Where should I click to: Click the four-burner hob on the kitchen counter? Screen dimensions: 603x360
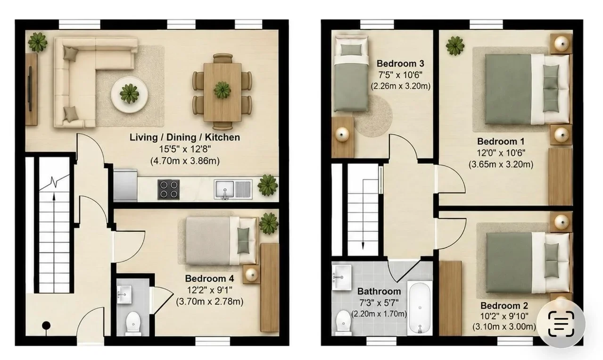[x=168, y=189]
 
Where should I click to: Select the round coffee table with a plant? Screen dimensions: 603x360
[x=130, y=94]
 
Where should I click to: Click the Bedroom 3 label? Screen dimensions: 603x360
[x=400, y=64]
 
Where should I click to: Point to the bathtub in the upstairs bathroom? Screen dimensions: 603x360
[x=420, y=308]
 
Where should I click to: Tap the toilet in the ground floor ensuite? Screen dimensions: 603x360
[x=133, y=323]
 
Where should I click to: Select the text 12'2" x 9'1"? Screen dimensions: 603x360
[x=210, y=290]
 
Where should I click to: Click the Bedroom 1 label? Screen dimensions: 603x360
[x=501, y=142]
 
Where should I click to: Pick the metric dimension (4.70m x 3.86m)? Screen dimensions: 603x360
[x=185, y=161]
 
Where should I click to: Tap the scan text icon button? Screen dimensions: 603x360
[x=561, y=324]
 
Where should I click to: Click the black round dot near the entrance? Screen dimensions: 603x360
[x=46, y=326]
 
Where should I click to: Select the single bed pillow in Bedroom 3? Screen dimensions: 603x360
[x=351, y=50]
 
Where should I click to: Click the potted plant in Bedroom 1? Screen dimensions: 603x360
[x=455, y=46]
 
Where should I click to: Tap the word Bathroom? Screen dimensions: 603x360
[x=379, y=291]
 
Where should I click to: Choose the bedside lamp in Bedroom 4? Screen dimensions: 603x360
[x=252, y=275]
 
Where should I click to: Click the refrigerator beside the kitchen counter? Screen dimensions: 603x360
[x=125, y=185]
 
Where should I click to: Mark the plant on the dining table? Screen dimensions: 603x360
[x=223, y=90]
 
